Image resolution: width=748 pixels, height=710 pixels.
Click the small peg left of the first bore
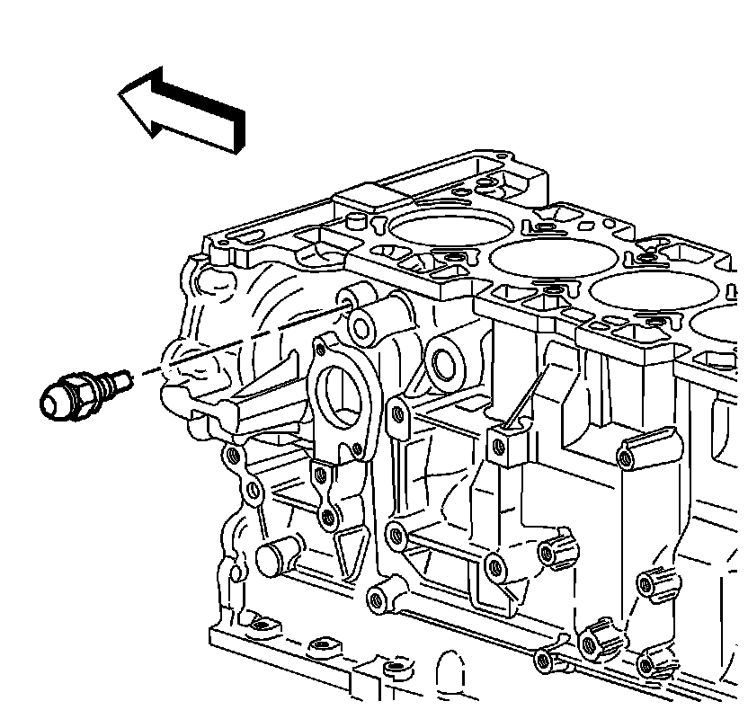click(x=353, y=220)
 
